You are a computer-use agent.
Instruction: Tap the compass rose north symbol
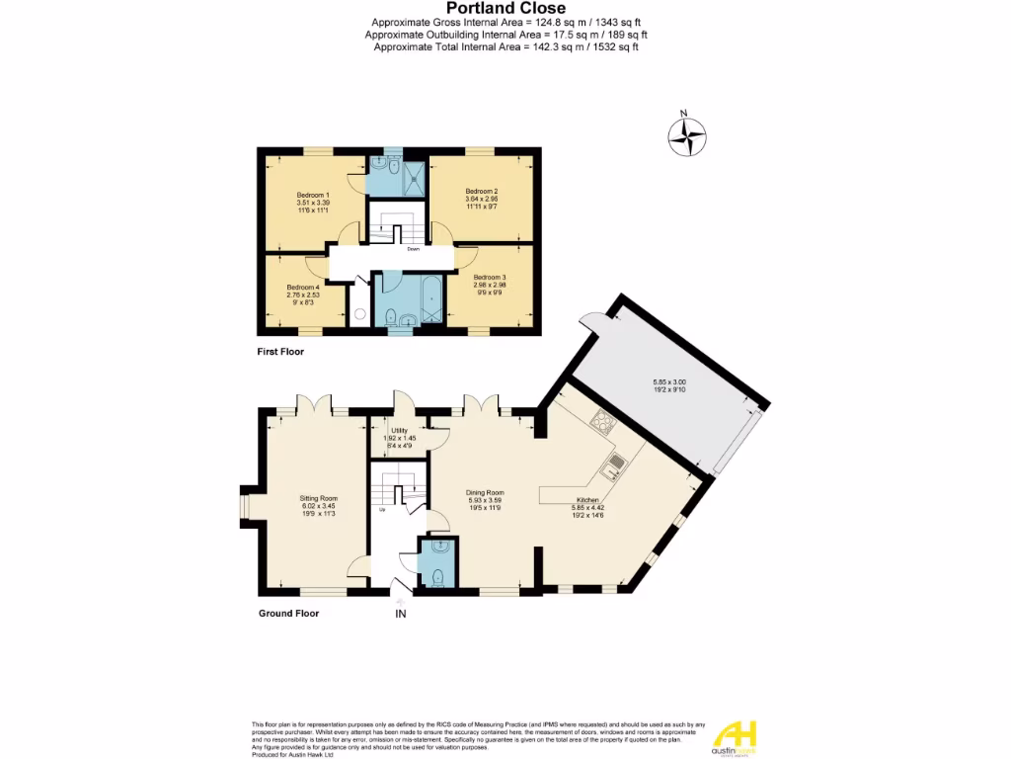tap(687, 136)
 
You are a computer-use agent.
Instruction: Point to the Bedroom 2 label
tap(482, 191)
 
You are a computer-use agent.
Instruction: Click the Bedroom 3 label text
tap(490, 277)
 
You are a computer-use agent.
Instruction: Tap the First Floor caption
tap(280, 352)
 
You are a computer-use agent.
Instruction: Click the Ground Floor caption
tap(289, 613)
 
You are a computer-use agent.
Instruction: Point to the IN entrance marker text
tap(401, 614)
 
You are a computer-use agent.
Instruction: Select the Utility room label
tap(399, 431)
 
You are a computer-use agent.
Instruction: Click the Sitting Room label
tap(319, 498)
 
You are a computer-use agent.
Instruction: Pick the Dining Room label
tap(486, 492)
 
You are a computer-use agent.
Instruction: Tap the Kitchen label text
tap(588, 501)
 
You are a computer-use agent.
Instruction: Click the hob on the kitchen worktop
tap(602, 424)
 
